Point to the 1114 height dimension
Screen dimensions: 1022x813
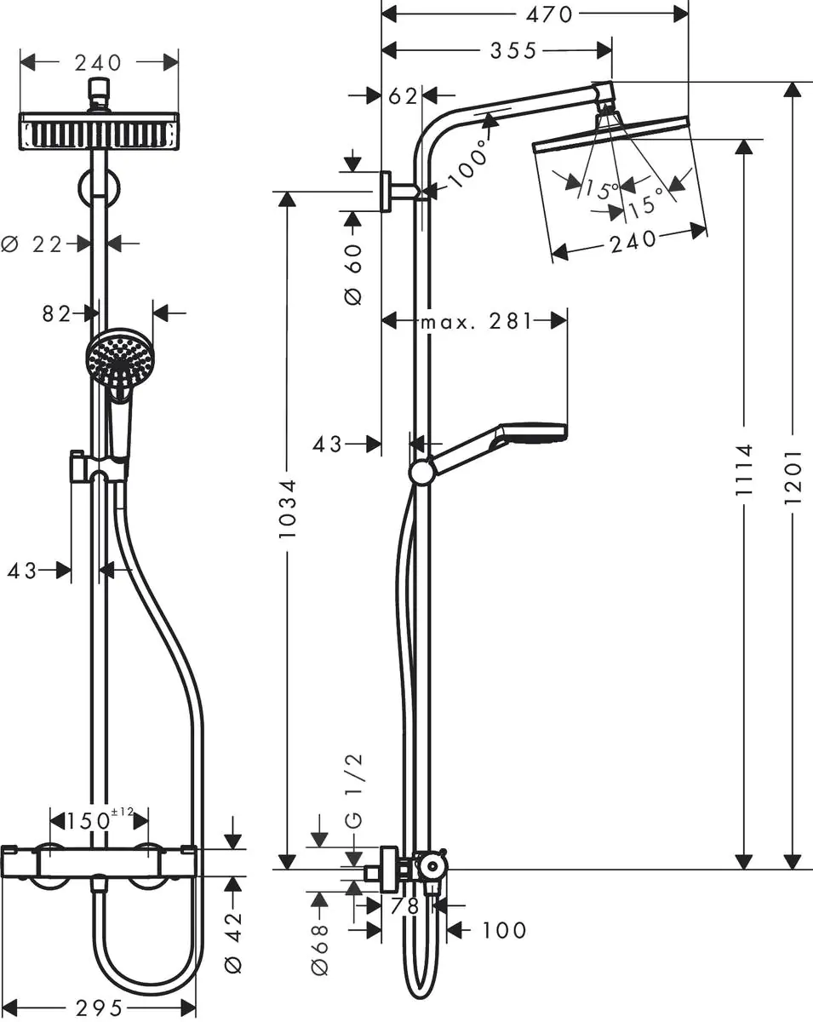tap(745, 470)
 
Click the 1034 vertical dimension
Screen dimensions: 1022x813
tap(287, 508)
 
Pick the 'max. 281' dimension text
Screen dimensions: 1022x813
tap(476, 321)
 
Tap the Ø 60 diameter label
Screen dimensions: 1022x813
tap(352, 273)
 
